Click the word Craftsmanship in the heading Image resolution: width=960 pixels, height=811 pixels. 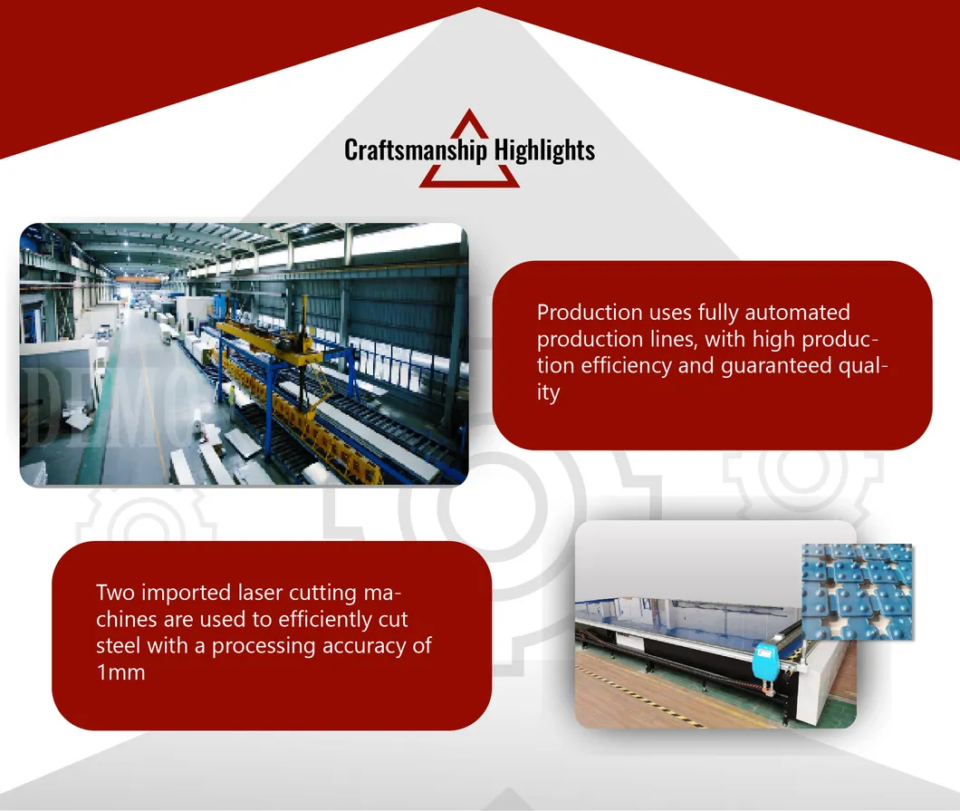pos(416,150)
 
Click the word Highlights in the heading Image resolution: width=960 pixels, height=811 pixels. pos(544,150)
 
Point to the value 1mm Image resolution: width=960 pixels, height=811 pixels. pos(120,672)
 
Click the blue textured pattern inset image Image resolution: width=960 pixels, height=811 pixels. pos(857,592)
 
